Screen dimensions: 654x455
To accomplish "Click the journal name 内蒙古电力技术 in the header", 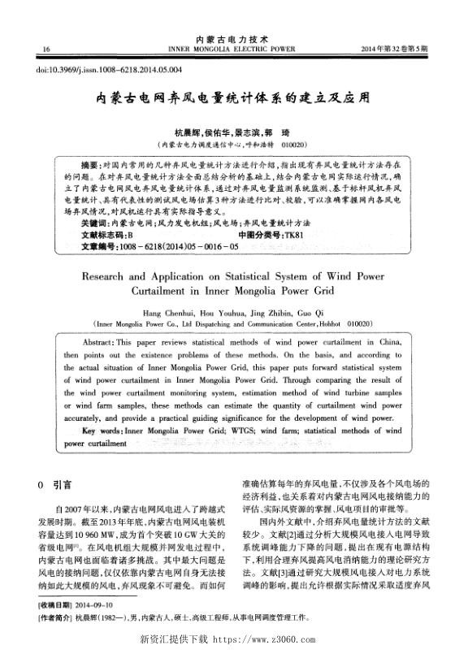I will (x=227, y=39).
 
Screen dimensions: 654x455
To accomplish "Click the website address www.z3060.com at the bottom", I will (x=269, y=639).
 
